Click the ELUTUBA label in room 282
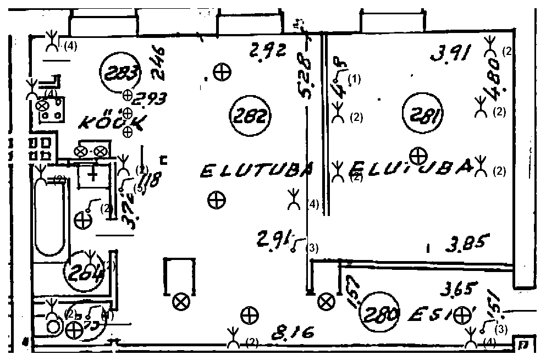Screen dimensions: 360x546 tap(256, 171)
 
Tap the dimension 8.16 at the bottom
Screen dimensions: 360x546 tap(295, 333)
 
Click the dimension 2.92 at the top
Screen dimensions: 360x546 tap(267, 52)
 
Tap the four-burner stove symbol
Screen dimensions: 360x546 tap(51, 110)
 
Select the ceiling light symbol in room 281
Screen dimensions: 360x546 tap(419, 156)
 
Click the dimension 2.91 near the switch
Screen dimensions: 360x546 tap(273, 240)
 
